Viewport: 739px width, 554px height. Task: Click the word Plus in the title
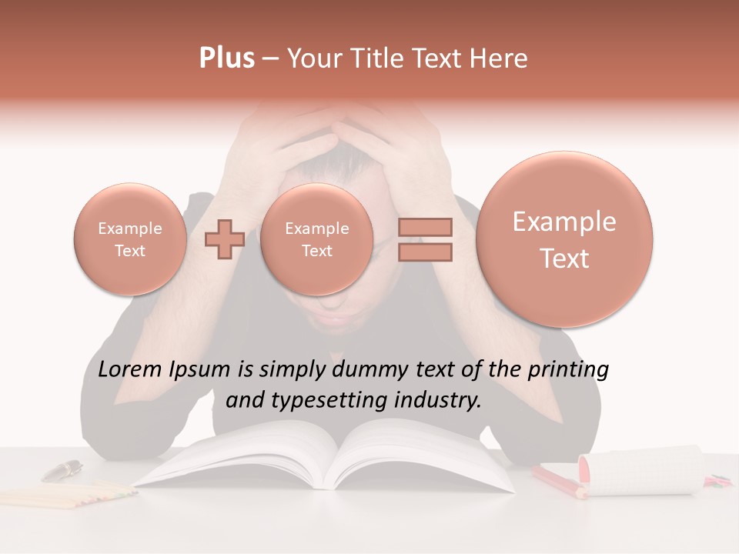(226, 58)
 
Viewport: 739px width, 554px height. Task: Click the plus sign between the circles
(225, 239)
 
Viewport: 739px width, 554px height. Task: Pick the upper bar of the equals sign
(425, 228)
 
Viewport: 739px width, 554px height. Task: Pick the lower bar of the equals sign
(425, 252)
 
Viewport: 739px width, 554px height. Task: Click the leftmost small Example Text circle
(129, 239)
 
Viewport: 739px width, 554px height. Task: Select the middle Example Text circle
(316, 239)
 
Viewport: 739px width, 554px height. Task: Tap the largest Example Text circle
(564, 239)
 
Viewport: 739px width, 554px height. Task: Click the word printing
(568, 370)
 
